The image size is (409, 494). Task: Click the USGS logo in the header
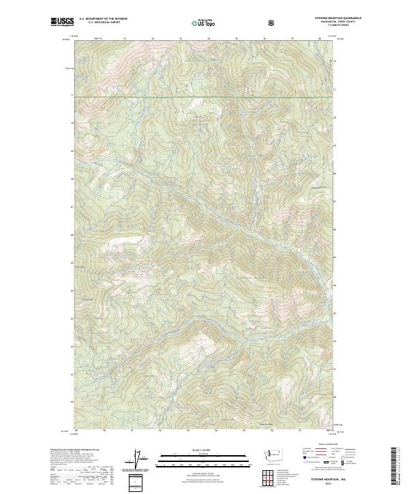62,22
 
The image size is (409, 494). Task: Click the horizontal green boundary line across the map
204,96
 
